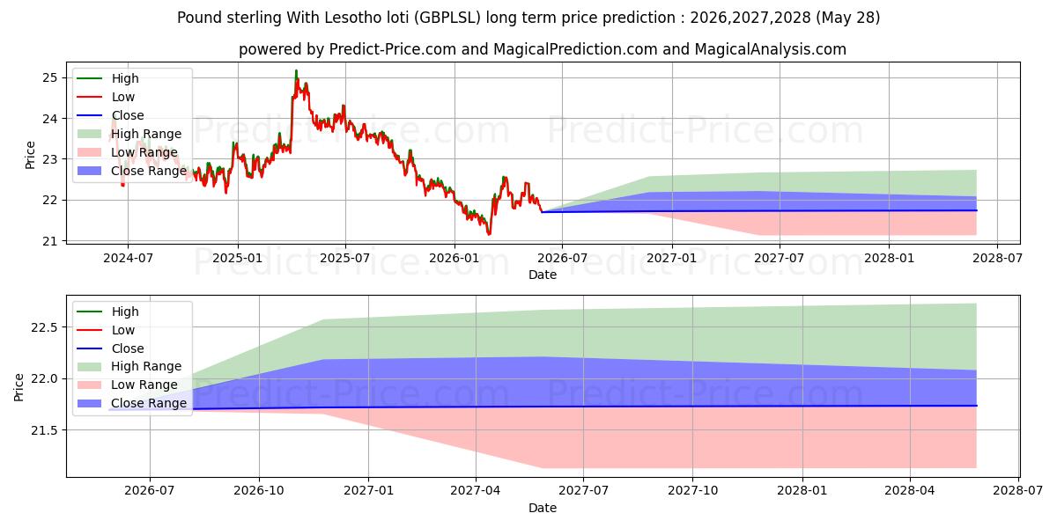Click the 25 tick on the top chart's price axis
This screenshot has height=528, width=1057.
49,77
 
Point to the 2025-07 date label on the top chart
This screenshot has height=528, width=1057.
345,259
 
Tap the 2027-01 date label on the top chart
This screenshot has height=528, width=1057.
671,259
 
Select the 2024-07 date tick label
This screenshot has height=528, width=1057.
128,259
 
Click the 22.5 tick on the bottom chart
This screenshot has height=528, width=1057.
44,327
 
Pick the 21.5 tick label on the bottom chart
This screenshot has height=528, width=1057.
44,430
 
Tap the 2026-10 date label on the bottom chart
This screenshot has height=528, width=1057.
259,491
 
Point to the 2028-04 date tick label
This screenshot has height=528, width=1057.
909,491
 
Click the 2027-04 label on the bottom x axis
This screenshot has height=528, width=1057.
475,491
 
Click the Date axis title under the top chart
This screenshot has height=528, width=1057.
543,275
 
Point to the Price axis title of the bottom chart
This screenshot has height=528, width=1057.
18,387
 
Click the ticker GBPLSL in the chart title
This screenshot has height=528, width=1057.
450,18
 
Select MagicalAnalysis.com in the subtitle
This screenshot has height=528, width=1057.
770,49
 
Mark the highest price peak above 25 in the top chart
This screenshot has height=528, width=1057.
296,70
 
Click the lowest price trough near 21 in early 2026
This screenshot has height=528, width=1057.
489,234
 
